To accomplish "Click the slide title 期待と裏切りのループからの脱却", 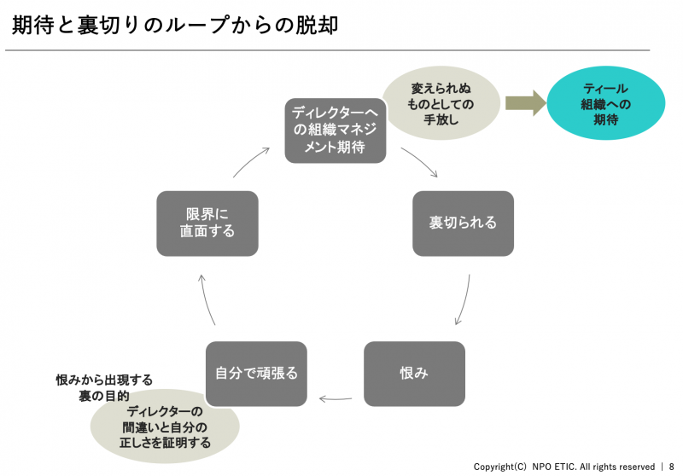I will pos(175,25).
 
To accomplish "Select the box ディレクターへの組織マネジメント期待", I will pos(336,129).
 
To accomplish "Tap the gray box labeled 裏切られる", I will pos(463,223).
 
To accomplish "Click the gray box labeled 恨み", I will pos(414,374).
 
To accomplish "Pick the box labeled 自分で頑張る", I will pos(256,374).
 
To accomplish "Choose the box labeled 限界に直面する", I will pos(207,223).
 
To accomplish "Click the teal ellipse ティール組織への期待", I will pos(605,103).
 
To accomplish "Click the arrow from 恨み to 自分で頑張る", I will pos(335,398).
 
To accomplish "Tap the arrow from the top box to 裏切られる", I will pos(419,162).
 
